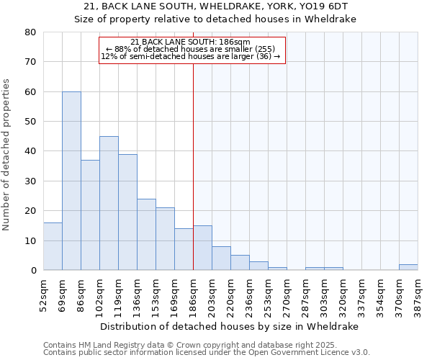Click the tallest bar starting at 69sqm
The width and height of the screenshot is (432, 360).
(71, 181)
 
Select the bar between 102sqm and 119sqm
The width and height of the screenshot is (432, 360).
(109, 203)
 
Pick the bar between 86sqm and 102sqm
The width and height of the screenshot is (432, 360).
(90, 215)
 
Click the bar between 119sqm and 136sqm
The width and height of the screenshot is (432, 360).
(127, 212)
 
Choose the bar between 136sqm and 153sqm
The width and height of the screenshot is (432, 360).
(146, 234)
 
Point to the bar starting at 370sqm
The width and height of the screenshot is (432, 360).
(408, 267)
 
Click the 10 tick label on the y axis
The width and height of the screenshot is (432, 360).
(30, 240)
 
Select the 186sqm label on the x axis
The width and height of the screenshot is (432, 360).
(193, 294)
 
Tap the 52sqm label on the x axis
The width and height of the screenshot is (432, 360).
(43, 294)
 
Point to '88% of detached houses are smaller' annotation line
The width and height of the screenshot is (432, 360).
(191, 49)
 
